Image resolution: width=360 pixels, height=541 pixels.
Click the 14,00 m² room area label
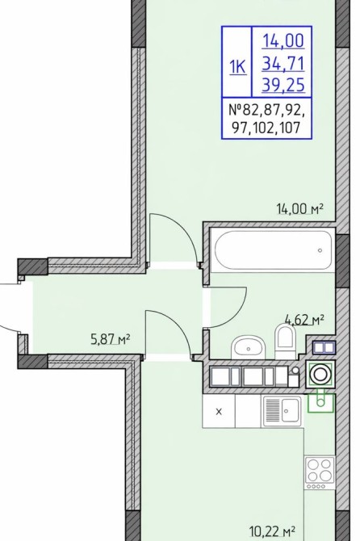[x=300, y=208]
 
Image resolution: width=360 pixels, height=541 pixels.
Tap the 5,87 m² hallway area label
[x=110, y=339]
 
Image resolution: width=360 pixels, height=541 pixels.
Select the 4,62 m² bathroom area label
[x=304, y=320]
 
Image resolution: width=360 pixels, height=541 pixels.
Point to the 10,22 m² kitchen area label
[x=272, y=531]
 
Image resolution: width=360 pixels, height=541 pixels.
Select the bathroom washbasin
[x=249, y=348]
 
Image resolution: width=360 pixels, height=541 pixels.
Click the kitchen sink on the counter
[x=282, y=410]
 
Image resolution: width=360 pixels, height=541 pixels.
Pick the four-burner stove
[x=320, y=472]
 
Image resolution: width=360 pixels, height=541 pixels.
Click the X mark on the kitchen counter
[x=219, y=411]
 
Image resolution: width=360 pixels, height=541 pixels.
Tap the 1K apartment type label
[x=237, y=66]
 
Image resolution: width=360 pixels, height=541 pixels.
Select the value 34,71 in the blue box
[x=283, y=64]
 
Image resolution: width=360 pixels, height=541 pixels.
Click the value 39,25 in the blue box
[x=283, y=85]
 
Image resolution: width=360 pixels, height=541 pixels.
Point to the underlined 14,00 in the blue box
[x=283, y=40]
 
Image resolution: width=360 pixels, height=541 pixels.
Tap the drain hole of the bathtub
[x=320, y=250]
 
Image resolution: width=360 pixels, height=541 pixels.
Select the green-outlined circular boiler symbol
[x=320, y=375]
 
